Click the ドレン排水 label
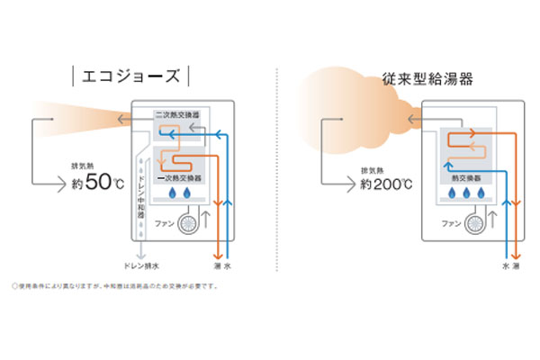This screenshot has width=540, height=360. click(143, 267)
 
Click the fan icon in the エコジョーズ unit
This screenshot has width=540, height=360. click(190, 222)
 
